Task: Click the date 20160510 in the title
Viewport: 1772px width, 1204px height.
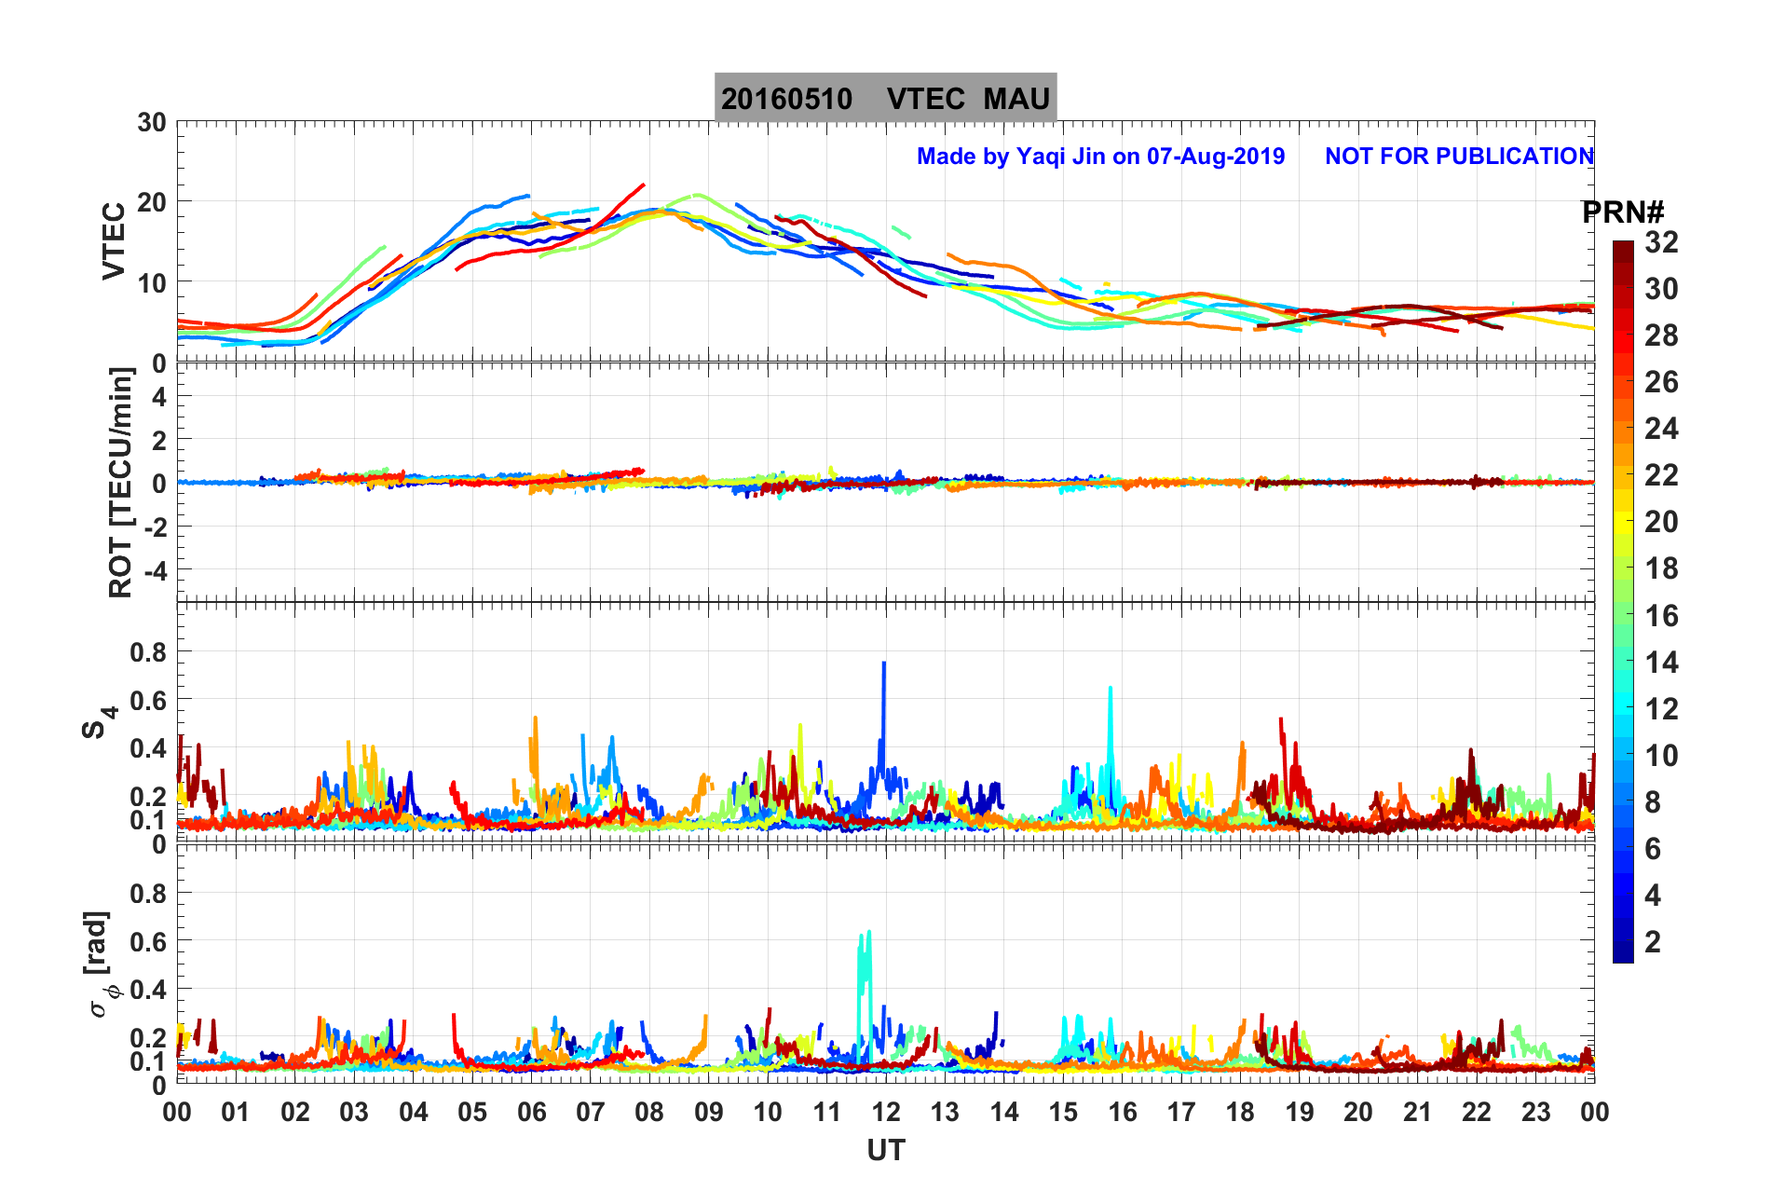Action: (x=786, y=99)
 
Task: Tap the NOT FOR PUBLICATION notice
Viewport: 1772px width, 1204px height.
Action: (x=1459, y=157)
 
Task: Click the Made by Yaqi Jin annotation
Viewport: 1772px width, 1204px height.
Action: (x=1100, y=157)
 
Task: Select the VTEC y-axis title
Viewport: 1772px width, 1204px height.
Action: (x=114, y=240)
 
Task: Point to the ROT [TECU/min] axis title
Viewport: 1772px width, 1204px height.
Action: (x=121, y=482)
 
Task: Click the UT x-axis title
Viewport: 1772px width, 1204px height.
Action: (x=885, y=1151)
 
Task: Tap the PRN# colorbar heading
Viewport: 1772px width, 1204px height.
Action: (x=1623, y=212)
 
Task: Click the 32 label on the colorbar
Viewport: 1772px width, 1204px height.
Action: (x=1661, y=242)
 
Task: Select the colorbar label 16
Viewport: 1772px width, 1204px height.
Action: (x=1661, y=615)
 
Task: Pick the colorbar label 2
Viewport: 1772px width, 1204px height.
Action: (x=1653, y=941)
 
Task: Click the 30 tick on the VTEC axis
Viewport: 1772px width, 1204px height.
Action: (x=152, y=123)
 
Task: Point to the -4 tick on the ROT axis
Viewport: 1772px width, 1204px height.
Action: (x=154, y=570)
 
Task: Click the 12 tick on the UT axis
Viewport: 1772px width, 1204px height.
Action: (x=886, y=1112)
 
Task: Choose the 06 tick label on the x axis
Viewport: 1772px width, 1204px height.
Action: (x=531, y=1112)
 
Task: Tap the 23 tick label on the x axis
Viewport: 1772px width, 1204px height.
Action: (x=1535, y=1112)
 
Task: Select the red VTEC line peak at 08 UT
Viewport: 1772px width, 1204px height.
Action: (x=642, y=185)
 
